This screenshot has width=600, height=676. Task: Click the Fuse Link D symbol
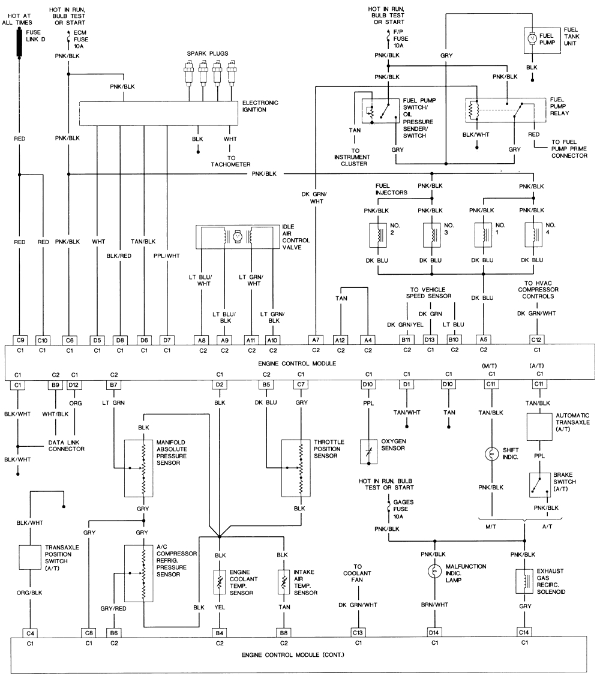click(x=19, y=41)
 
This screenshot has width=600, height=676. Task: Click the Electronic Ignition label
click(x=260, y=106)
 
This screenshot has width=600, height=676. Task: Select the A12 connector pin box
click(x=340, y=339)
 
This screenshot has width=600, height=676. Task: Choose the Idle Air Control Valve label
click(x=295, y=236)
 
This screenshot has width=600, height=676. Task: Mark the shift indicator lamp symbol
click(x=492, y=453)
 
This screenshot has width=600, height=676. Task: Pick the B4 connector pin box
click(x=220, y=632)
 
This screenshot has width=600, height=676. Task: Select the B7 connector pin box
click(x=113, y=384)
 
